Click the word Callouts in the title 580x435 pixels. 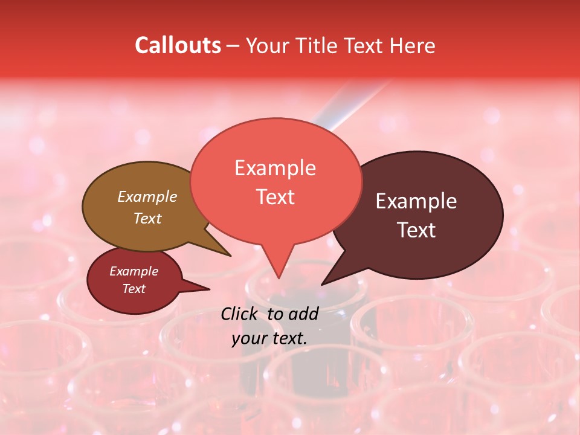click(x=178, y=45)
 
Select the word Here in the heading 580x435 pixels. click(x=413, y=45)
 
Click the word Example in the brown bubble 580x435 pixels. click(x=147, y=196)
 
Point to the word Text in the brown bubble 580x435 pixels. click(x=147, y=218)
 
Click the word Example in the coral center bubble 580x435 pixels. click(x=275, y=167)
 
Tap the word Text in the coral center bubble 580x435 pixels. click(x=275, y=196)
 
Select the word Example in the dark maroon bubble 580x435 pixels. click(x=416, y=201)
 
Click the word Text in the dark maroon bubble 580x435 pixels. click(x=416, y=230)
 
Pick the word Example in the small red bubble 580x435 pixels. click(x=134, y=271)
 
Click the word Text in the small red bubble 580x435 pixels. click(x=134, y=289)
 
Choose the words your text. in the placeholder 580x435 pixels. click(x=269, y=338)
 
